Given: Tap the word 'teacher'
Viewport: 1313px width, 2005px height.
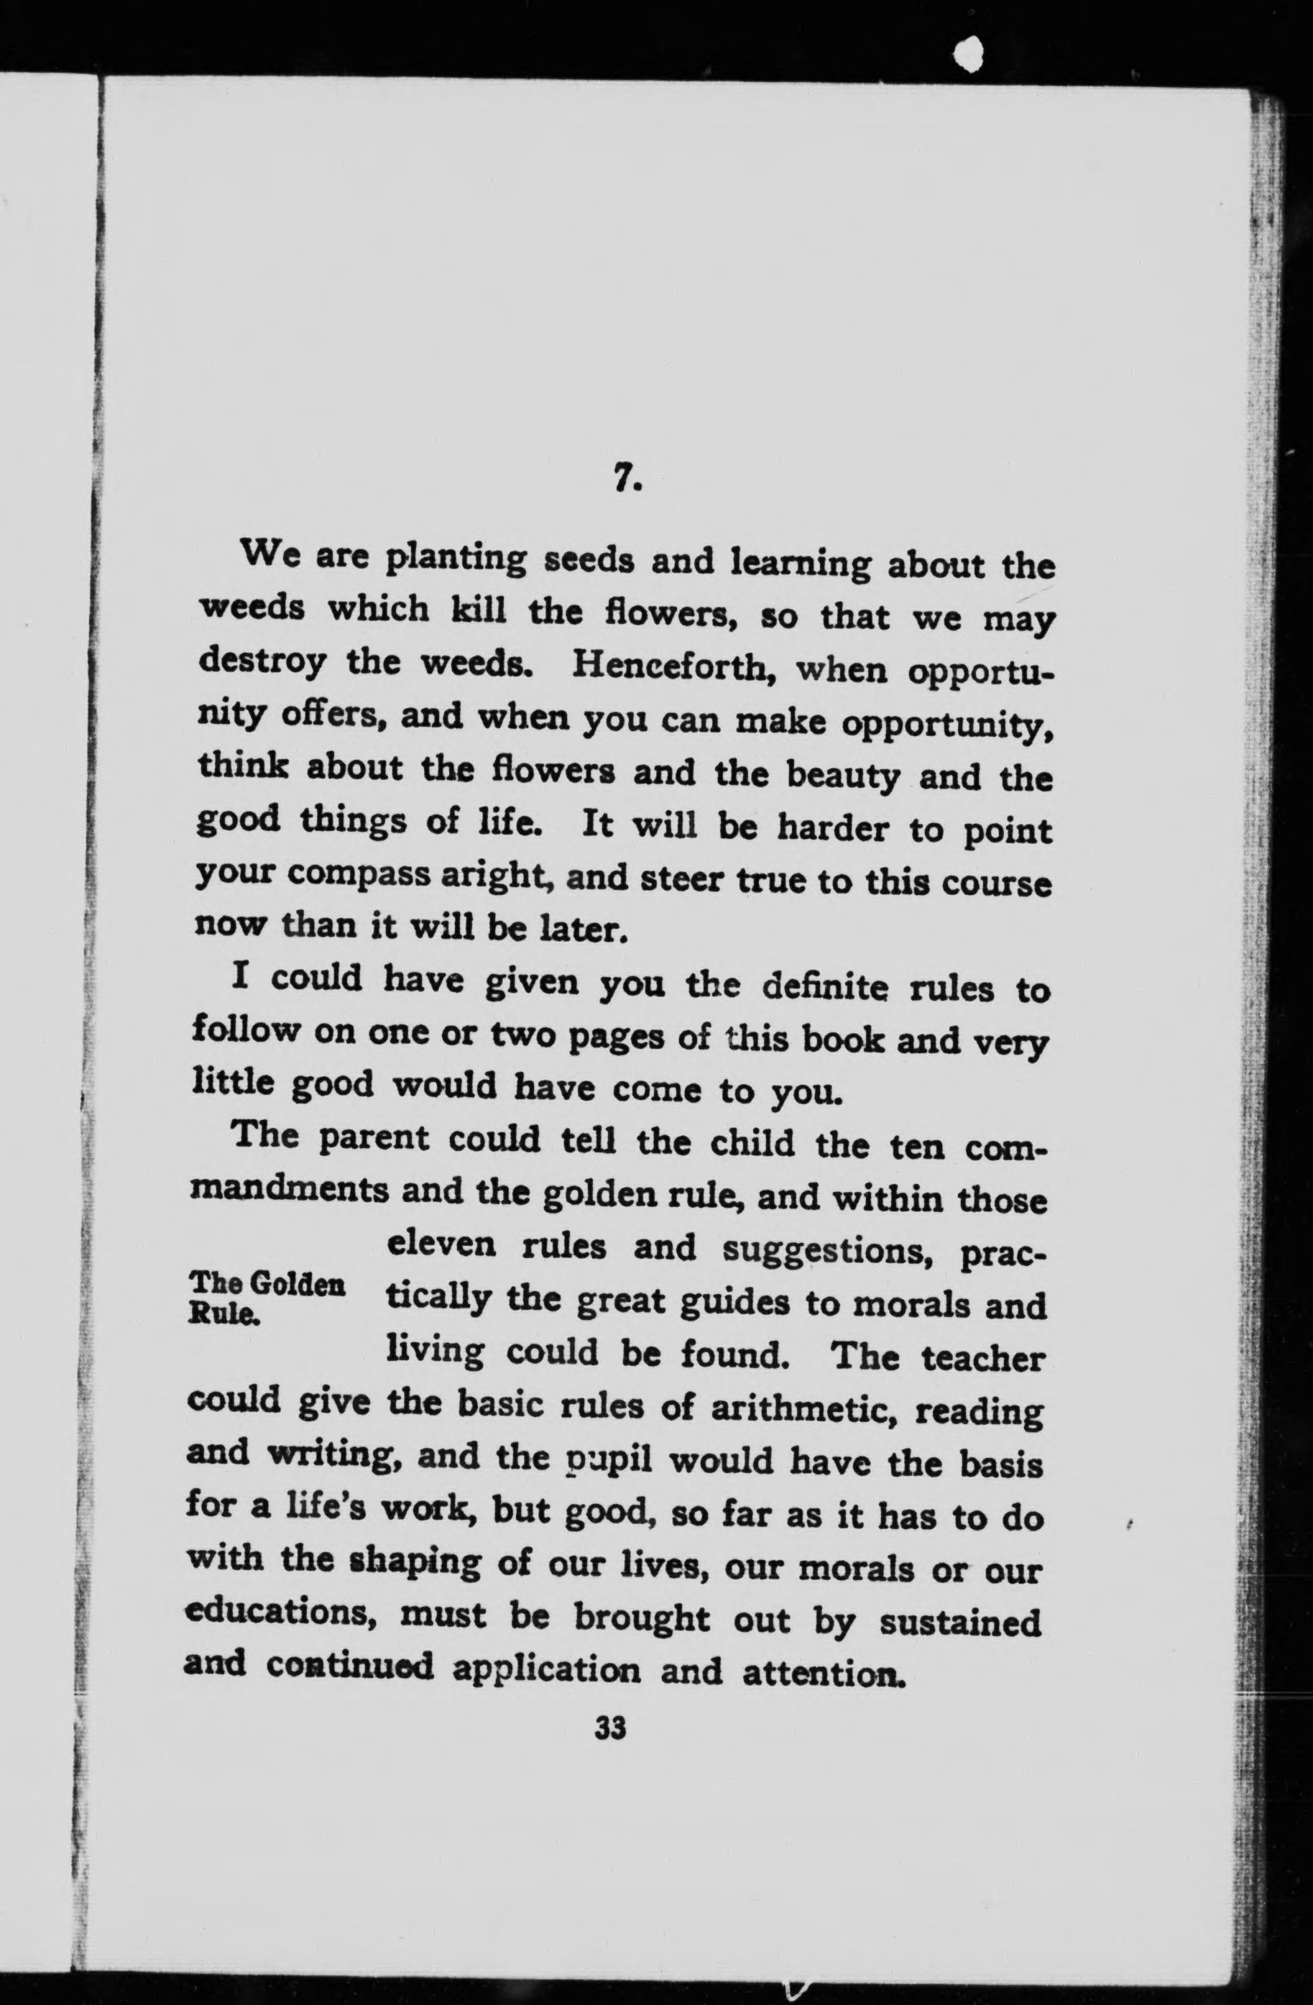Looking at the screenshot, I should pyautogui.click(x=982, y=1358).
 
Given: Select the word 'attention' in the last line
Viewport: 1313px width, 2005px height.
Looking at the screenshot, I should pyautogui.click(x=823, y=1671).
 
